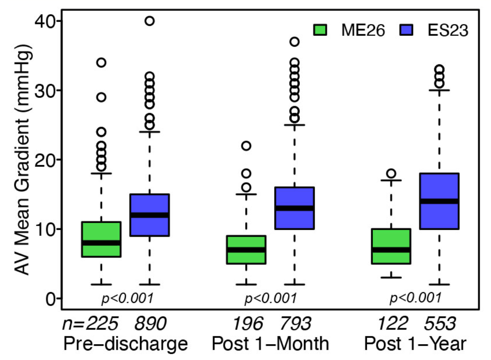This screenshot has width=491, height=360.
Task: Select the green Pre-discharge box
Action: pos(101,239)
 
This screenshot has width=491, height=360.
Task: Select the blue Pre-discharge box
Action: pos(149,215)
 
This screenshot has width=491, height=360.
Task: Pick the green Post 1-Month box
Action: pos(246,250)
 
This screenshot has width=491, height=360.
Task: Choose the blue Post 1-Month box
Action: pos(295,208)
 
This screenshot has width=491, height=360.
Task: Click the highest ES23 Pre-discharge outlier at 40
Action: pos(149,21)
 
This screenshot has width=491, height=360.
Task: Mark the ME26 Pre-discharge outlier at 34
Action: pos(101,63)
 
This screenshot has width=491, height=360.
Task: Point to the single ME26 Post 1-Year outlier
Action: pos(391,174)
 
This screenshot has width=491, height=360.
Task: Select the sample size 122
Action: pos(392,323)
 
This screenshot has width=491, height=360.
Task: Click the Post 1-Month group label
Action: pos(270,344)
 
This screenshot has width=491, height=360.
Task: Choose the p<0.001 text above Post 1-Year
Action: pos(415,298)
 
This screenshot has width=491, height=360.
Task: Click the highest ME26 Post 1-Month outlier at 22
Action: pos(246,146)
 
